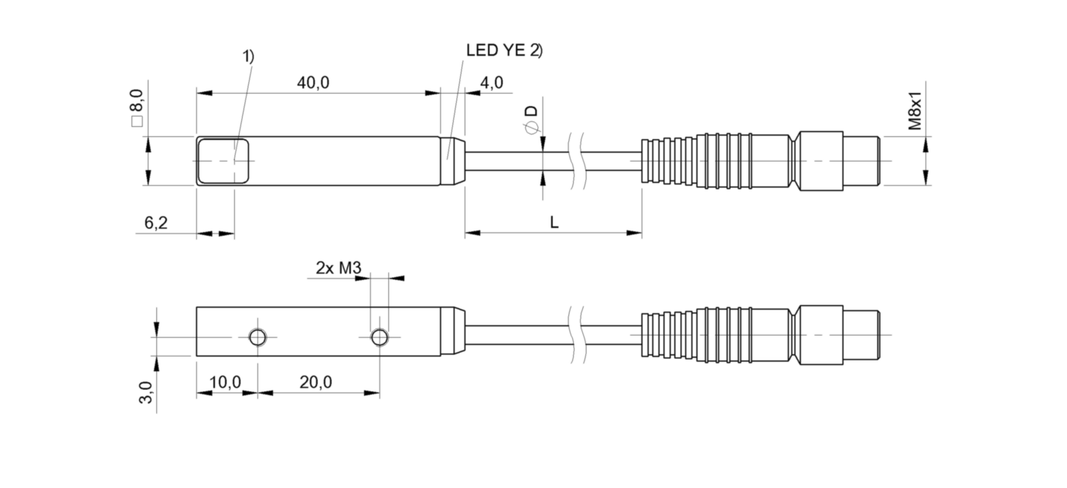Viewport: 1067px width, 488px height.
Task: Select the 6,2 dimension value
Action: [x=156, y=224]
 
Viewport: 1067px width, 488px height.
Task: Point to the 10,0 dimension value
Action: [x=226, y=382]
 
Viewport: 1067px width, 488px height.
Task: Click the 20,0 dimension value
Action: [x=316, y=382]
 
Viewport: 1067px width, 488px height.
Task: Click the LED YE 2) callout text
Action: [x=504, y=50]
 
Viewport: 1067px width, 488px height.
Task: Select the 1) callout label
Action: [x=248, y=56]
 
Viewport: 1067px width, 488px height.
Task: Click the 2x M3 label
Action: [x=339, y=268]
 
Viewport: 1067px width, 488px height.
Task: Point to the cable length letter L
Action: [x=554, y=223]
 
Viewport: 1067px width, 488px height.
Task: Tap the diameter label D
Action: [x=531, y=116]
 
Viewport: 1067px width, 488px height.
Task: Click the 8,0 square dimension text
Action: [x=136, y=107]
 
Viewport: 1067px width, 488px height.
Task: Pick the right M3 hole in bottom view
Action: [x=379, y=336]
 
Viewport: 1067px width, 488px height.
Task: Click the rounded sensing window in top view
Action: [x=223, y=161]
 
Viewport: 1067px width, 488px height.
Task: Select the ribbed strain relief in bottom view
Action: [x=670, y=336]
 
